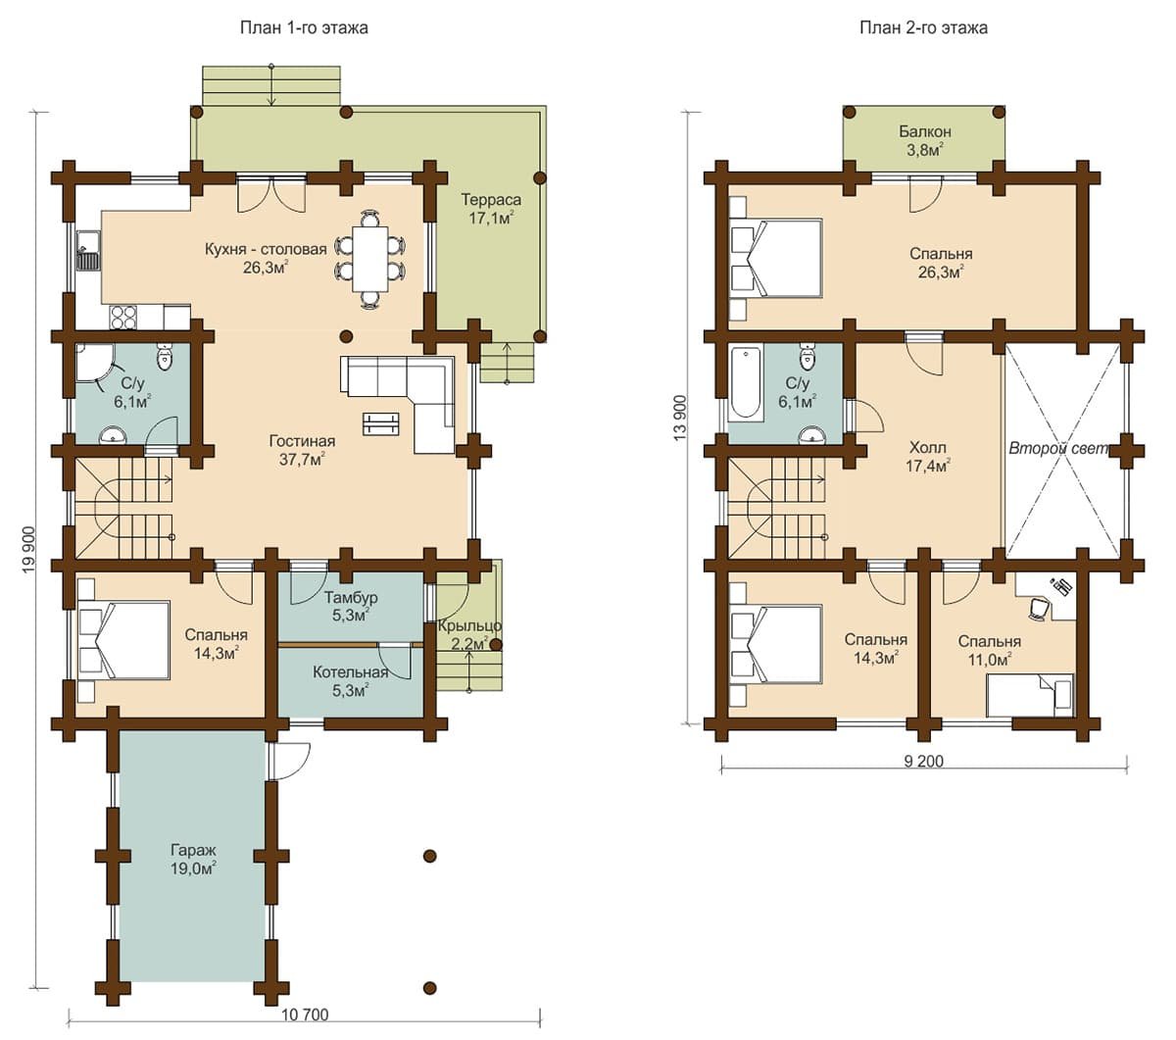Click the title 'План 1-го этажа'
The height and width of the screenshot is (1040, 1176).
(304, 27)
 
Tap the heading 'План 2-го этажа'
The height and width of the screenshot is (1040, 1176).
(923, 27)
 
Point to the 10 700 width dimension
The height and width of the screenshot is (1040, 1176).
(305, 1015)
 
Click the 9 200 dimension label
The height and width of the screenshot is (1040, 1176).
(923, 761)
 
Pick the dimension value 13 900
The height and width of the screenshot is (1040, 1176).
(680, 418)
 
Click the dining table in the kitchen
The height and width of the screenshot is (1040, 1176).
(369, 259)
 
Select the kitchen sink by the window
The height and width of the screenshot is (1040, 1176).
(88, 250)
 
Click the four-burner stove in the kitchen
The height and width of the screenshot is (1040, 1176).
(123, 317)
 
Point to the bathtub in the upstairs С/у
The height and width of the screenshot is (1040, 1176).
(746, 383)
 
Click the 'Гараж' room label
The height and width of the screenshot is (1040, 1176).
(193, 850)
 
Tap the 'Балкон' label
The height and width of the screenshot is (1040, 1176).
(925, 131)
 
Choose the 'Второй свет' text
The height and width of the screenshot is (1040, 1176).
(1059, 448)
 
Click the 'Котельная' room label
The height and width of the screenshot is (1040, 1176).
(350, 672)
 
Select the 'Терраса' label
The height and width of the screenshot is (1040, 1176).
(491, 200)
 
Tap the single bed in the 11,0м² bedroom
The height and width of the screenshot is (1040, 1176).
(1030, 695)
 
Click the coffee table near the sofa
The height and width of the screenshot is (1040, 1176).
(381, 423)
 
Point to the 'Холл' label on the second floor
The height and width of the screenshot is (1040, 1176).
(927, 448)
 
